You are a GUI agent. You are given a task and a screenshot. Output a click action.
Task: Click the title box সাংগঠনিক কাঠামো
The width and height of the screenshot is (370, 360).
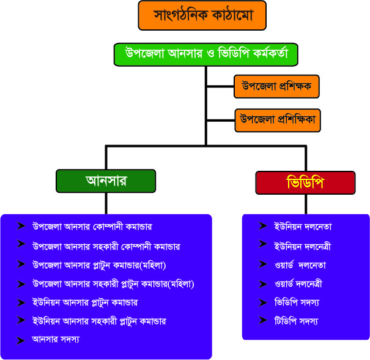202,15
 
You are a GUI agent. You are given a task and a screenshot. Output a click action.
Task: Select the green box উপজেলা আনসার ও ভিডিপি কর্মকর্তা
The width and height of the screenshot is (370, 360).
205,54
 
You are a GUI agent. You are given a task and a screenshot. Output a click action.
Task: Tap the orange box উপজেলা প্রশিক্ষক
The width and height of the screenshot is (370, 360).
276,86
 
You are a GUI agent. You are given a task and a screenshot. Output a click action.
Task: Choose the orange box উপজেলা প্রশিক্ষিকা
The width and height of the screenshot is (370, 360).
278,120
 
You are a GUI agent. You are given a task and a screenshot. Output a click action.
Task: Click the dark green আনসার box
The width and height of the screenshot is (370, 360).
106,181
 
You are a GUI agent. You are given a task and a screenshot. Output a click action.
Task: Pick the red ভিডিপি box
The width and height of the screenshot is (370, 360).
305,183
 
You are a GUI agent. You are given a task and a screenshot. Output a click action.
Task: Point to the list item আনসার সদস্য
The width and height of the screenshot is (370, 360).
56,339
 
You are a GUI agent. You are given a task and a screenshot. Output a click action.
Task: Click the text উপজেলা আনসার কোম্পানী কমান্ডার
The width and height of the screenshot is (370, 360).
92,227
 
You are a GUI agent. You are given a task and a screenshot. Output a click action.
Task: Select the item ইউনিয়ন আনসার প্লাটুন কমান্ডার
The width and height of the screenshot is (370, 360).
85,302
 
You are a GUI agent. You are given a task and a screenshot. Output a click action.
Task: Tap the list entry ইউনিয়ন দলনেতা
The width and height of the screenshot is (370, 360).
303,227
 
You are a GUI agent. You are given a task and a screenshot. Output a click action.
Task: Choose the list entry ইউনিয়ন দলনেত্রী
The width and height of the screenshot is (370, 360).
303,246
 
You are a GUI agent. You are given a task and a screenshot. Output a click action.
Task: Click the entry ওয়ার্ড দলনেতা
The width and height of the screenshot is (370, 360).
300,265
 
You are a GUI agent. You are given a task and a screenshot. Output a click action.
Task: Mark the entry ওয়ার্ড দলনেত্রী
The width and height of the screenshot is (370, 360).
298,283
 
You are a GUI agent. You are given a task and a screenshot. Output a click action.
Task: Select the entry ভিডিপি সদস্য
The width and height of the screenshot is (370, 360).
297,302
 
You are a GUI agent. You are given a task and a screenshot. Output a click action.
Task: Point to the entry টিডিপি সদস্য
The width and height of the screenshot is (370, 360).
297,321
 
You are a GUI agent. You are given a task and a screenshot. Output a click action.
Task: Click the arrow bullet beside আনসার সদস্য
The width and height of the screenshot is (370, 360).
21,340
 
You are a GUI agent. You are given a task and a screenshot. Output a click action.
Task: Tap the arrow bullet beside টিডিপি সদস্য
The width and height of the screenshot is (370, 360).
262,320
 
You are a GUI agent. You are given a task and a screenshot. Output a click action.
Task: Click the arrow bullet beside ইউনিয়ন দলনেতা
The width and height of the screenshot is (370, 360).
262,226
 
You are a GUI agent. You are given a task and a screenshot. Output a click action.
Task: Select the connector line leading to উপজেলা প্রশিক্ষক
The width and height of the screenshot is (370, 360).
220,86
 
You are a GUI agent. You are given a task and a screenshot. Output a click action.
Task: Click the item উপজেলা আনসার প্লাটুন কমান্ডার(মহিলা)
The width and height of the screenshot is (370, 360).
99,265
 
